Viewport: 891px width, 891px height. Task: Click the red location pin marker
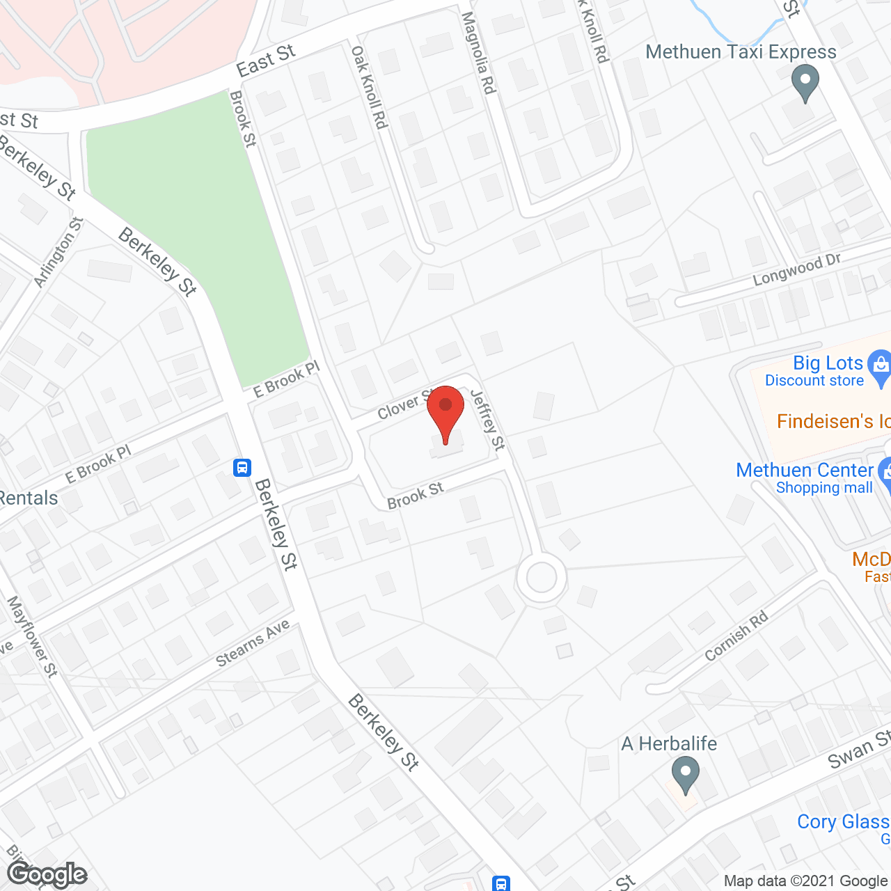click(445, 411)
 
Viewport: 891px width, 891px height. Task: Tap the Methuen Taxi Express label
click(741, 52)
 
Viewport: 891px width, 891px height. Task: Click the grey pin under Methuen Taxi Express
click(805, 83)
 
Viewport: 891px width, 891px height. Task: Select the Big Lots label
click(828, 363)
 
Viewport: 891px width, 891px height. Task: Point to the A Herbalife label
click(668, 743)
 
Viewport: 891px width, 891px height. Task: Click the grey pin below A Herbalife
click(686, 775)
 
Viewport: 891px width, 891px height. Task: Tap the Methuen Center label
click(804, 471)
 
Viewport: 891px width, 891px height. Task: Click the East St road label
click(266, 61)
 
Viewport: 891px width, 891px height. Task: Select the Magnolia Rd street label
click(478, 53)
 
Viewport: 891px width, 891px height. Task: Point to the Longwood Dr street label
click(797, 270)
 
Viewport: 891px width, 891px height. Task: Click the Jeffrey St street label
click(488, 419)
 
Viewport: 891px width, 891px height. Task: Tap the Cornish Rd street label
click(736, 636)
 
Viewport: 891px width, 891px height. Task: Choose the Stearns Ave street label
click(253, 644)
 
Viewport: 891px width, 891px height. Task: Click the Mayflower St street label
click(32, 636)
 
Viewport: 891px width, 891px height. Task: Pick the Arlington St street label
click(59, 252)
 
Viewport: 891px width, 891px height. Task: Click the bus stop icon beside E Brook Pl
click(242, 467)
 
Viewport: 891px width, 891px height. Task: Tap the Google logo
click(47, 874)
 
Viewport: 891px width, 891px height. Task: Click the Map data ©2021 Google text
click(805, 881)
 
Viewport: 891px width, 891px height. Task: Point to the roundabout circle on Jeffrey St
click(542, 577)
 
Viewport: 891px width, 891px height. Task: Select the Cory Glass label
click(843, 822)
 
